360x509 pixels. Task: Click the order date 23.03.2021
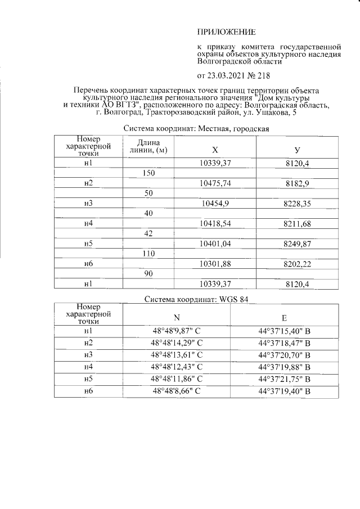[230, 75]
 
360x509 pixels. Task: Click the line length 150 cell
[149, 173]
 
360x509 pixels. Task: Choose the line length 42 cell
[149, 234]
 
